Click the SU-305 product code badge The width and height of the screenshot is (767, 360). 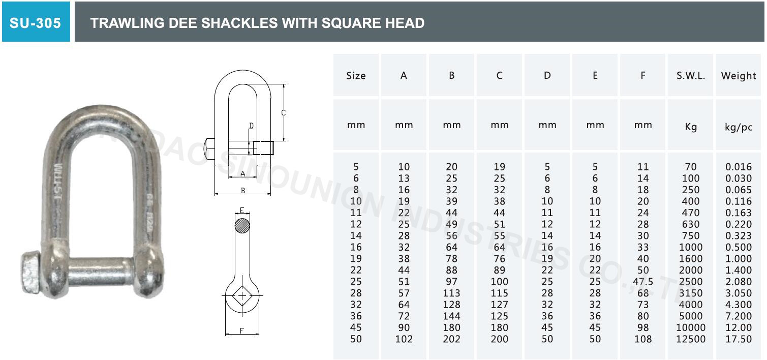pos(36,23)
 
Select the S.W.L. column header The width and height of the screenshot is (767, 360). pos(691,76)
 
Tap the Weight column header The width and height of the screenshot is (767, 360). pos(739,76)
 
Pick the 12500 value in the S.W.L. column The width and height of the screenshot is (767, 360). pos(691,339)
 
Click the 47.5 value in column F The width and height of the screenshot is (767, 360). pos(643,282)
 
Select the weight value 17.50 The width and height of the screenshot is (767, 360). pos(739,339)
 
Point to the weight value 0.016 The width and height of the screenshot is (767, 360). pos(739,167)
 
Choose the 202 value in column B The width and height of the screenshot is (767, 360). pos(451,339)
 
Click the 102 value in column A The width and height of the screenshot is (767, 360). pos(404,339)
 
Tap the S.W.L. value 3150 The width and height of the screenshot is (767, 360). pos(691,293)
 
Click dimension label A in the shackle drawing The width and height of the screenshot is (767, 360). pos(242,174)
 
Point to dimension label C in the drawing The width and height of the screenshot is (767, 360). pos(284,113)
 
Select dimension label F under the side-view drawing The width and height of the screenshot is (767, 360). pos(242,331)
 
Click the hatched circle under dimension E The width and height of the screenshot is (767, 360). pos(242,225)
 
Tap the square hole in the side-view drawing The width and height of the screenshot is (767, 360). pos(242,295)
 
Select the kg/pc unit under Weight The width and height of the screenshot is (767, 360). pos(739,127)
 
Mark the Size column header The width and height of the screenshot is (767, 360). pos(356,76)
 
